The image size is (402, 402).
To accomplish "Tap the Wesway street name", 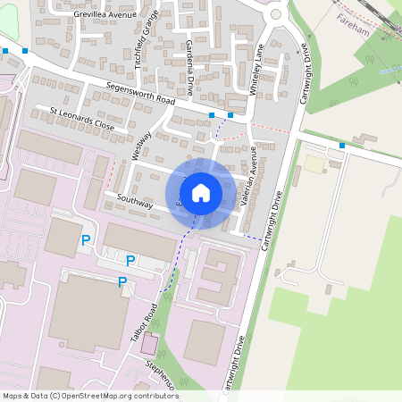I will point(141,147).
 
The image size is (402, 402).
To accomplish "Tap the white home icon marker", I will point(201,193).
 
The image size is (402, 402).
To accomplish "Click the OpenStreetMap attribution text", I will point(89,396).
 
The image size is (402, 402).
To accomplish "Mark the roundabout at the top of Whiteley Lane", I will point(276,13).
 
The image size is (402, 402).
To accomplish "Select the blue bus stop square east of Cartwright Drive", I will point(342,145).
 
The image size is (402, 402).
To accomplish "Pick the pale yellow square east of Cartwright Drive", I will point(314,164).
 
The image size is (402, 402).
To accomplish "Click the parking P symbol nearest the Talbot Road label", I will point(122,282).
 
